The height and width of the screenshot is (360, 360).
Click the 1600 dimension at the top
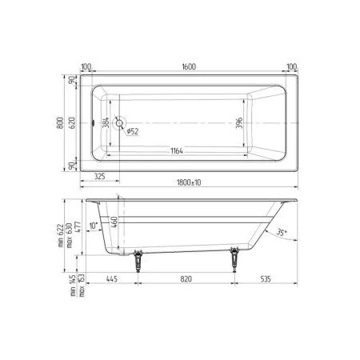tap(187, 68)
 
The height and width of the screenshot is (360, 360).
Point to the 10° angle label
tap(94, 226)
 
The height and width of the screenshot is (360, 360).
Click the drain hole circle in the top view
tap(120, 124)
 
